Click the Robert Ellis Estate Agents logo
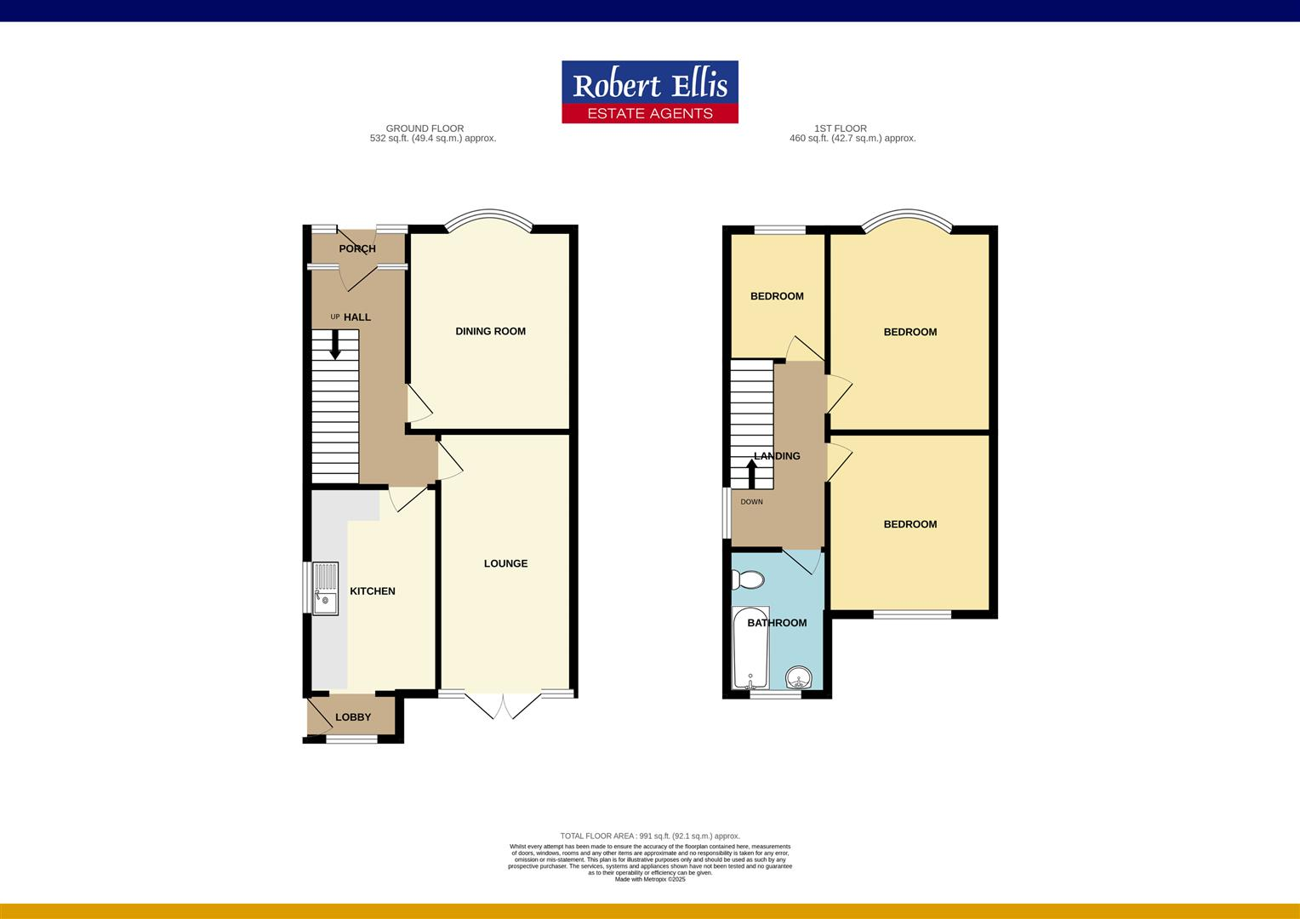pyautogui.click(x=650, y=92)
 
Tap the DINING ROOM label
pyautogui.click(x=490, y=331)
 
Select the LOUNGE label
pyautogui.click(x=505, y=563)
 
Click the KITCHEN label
pyautogui.click(x=373, y=591)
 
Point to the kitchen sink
pyautogui.click(x=325, y=588)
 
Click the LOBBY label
pyautogui.click(x=353, y=717)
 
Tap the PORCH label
pyautogui.click(x=357, y=248)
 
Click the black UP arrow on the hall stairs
pyautogui.click(x=335, y=344)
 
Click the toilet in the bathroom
pyautogui.click(x=748, y=580)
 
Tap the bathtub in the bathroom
pyautogui.click(x=750, y=648)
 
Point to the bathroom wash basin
pyautogui.click(x=799, y=678)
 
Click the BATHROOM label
pyautogui.click(x=777, y=623)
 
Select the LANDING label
pyautogui.click(x=777, y=456)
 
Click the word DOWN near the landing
pyautogui.click(x=751, y=502)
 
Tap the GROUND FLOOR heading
pyautogui.click(x=425, y=128)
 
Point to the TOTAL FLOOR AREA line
pyautogui.click(x=650, y=836)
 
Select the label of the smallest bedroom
pyautogui.click(x=777, y=296)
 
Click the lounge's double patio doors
pyautogui.click(x=504, y=706)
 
